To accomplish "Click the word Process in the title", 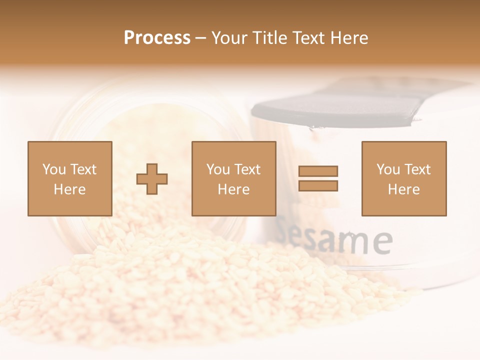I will click(157, 38).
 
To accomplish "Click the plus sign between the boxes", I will click(152, 178).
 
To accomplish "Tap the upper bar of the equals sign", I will click(318, 171).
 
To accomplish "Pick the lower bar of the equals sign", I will click(318, 185).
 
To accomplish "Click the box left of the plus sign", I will click(69, 178).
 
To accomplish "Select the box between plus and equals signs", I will click(233, 178).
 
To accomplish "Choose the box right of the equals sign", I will click(403, 178).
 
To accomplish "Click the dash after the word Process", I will click(200, 38).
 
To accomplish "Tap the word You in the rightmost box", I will click(388, 169).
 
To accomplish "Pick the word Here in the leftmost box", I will click(69, 189).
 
